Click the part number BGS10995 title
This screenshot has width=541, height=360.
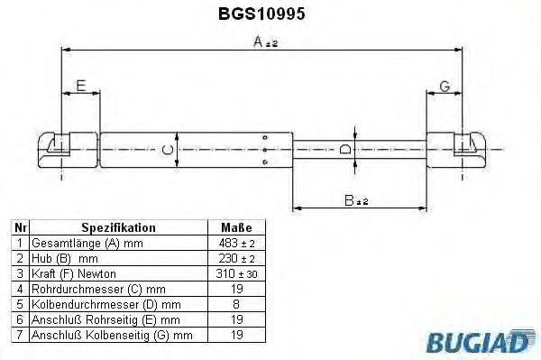coord(267,14)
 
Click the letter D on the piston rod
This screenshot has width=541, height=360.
coord(344,149)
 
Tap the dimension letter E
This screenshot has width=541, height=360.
coord(80,86)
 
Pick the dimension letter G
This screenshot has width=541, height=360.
coord(444,86)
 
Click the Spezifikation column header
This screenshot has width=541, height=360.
coord(119,227)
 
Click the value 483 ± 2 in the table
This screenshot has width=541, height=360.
coord(235,243)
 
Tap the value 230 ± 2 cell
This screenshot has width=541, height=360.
coord(235,257)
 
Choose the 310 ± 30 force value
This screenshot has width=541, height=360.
coord(235,272)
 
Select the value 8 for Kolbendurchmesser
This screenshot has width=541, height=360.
coord(235,303)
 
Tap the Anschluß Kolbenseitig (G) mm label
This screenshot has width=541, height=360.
coord(112,334)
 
